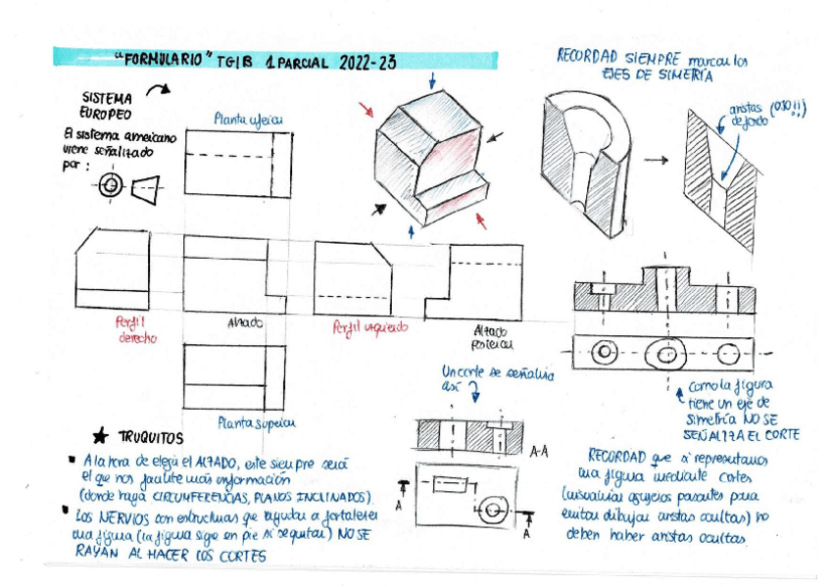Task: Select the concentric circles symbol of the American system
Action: [x=110, y=184]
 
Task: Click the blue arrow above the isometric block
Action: [x=432, y=79]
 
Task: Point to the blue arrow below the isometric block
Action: [x=411, y=230]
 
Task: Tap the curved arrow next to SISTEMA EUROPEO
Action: [x=157, y=90]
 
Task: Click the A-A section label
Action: [x=538, y=452]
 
